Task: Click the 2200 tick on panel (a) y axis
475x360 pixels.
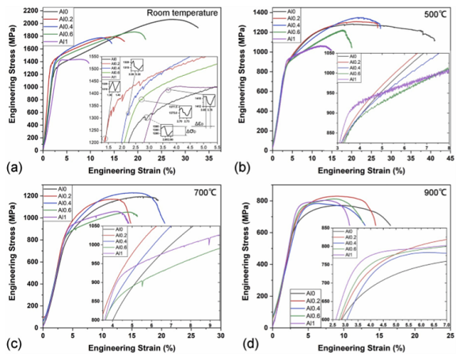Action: [29, 9]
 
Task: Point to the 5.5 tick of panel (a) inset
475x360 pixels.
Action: [216, 148]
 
